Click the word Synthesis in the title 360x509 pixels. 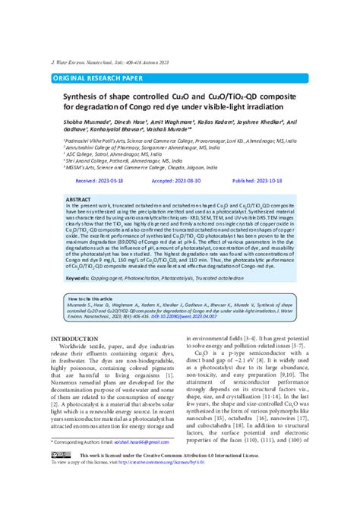coord(85,97)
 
